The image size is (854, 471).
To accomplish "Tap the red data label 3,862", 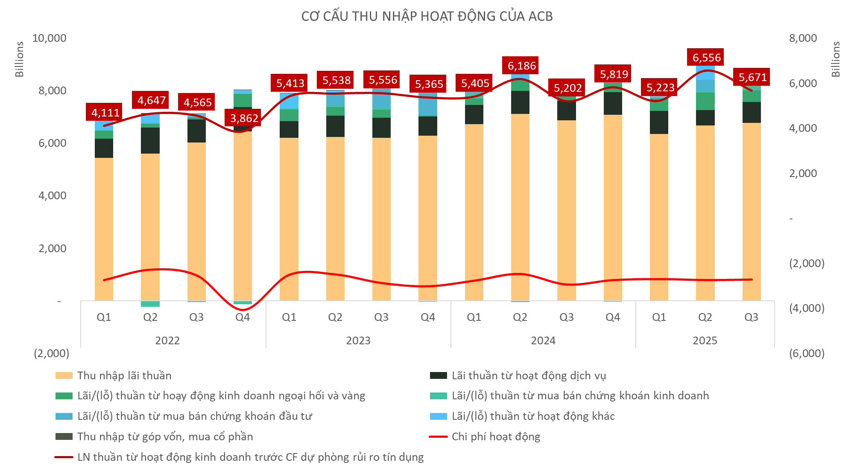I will pos(244,118).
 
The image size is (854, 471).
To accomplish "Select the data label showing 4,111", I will pos(105,113).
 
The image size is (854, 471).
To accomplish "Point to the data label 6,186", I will pos(521,66).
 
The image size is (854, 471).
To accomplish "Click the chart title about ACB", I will pos(427,16).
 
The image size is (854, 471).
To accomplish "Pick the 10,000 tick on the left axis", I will pos(49,38).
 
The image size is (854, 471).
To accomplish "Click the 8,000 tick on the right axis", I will pos(803,38).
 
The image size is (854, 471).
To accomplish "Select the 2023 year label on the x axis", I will pos(358,340).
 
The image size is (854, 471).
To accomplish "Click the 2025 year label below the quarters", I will pos(705,340).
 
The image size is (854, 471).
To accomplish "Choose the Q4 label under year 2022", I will pos(243,317).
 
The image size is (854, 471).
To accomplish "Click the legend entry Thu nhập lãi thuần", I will pos(124,375).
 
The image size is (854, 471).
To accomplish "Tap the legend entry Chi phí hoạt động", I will pos(495,436).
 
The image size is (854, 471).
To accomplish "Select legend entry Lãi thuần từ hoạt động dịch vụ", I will pos(529,375).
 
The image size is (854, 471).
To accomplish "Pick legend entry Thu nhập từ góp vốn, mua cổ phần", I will pos(165,436).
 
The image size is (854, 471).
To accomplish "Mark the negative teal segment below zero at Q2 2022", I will pos(150,304).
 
